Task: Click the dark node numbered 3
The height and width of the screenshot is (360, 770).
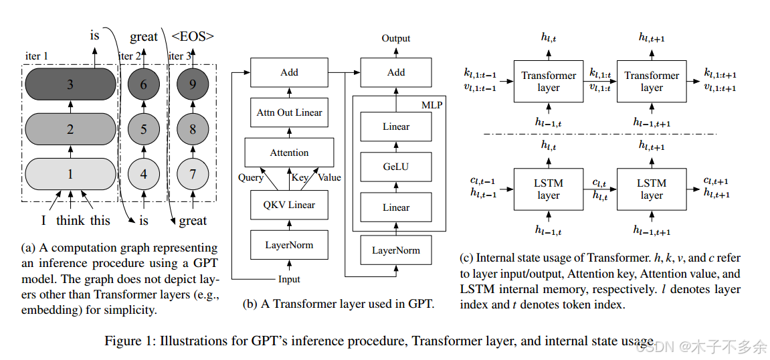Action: (70, 85)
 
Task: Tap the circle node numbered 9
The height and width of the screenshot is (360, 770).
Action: (193, 85)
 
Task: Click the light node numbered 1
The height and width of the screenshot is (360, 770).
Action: (70, 174)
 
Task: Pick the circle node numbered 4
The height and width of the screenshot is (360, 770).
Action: (144, 174)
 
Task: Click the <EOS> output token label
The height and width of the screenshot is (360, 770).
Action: (193, 37)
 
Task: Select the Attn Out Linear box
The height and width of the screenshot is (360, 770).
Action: (289, 112)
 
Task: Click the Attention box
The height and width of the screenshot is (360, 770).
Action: (289, 153)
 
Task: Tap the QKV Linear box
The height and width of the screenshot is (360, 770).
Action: (289, 205)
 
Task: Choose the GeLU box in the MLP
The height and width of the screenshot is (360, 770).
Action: (396, 167)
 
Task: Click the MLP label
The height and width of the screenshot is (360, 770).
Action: (432, 105)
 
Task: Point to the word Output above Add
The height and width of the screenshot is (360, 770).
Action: (396, 38)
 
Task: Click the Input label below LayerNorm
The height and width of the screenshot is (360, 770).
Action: (289, 279)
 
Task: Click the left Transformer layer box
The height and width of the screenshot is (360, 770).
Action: (549, 82)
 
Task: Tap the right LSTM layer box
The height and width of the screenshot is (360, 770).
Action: (652, 189)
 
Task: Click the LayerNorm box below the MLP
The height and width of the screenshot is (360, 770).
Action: (396, 250)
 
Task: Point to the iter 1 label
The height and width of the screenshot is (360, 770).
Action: (37, 56)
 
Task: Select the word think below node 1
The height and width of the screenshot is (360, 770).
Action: (70, 221)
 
